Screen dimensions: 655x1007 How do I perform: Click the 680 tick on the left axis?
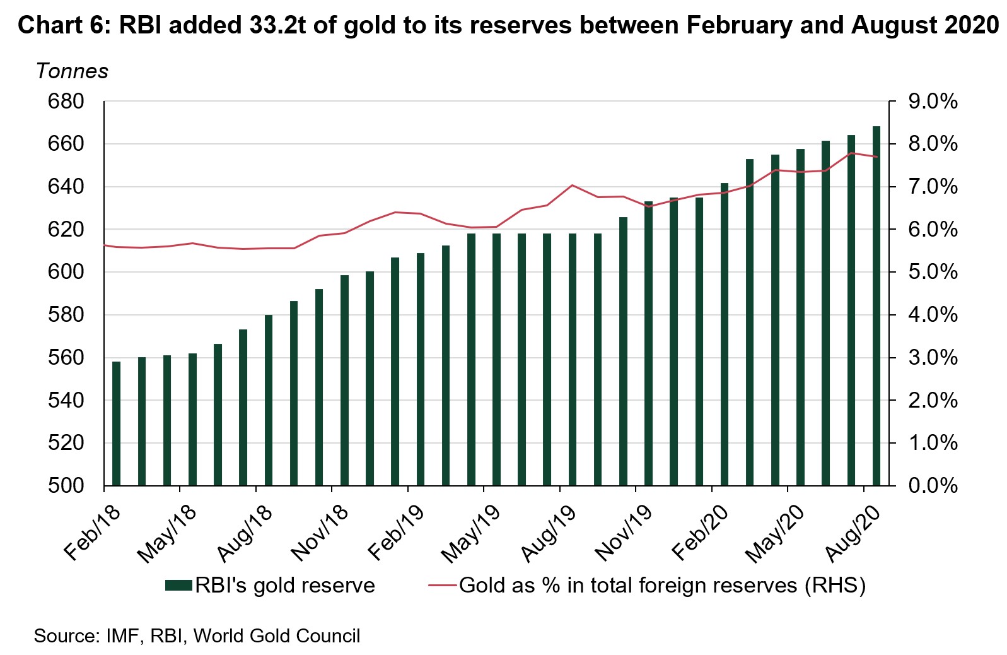click(x=66, y=102)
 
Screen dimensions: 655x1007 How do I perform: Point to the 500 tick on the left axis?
click(x=66, y=486)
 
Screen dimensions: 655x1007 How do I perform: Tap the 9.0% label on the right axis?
click(x=933, y=102)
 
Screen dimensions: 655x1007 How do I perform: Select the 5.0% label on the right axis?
click(x=933, y=273)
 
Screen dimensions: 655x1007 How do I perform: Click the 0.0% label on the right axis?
click(x=933, y=486)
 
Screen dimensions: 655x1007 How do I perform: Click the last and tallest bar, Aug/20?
click(x=876, y=306)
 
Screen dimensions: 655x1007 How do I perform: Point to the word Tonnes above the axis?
click(x=72, y=71)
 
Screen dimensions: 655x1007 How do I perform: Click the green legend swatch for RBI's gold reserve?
click(x=178, y=586)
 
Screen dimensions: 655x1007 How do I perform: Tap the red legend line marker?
click(x=441, y=586)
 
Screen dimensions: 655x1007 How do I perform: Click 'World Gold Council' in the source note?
click(x=277, y=635)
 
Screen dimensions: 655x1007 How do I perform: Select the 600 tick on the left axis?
click(x=66, y=273)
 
